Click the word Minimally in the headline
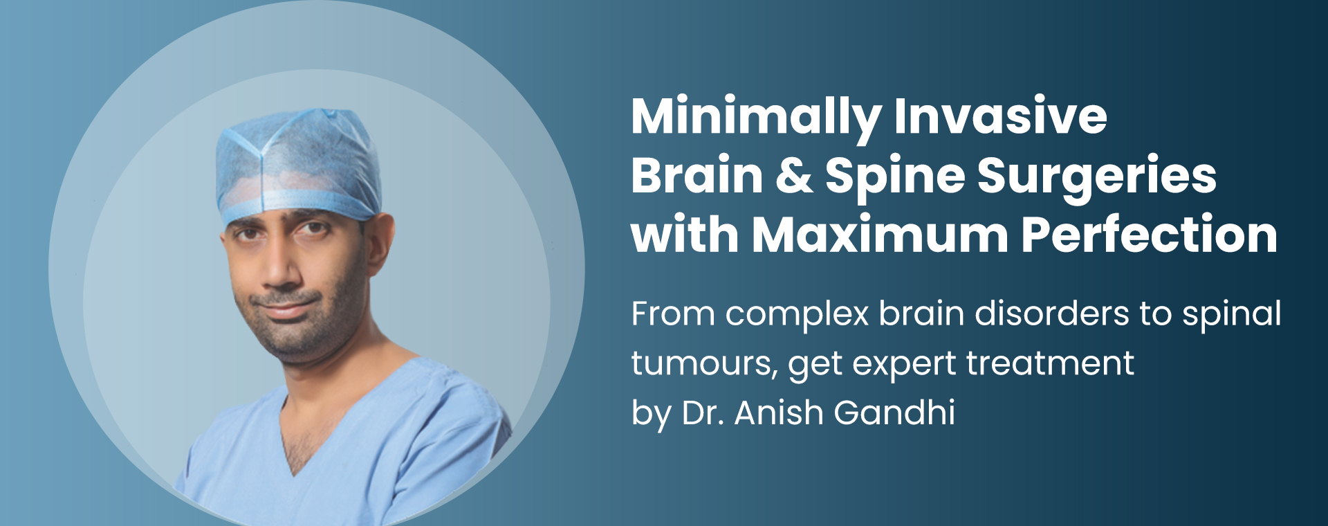click(756, 118)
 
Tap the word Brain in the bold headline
click(697, 176)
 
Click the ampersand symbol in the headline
click(794, 176)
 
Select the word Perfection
click(1149, 235)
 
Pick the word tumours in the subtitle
click(703, 363)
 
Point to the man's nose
click(280, 266)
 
